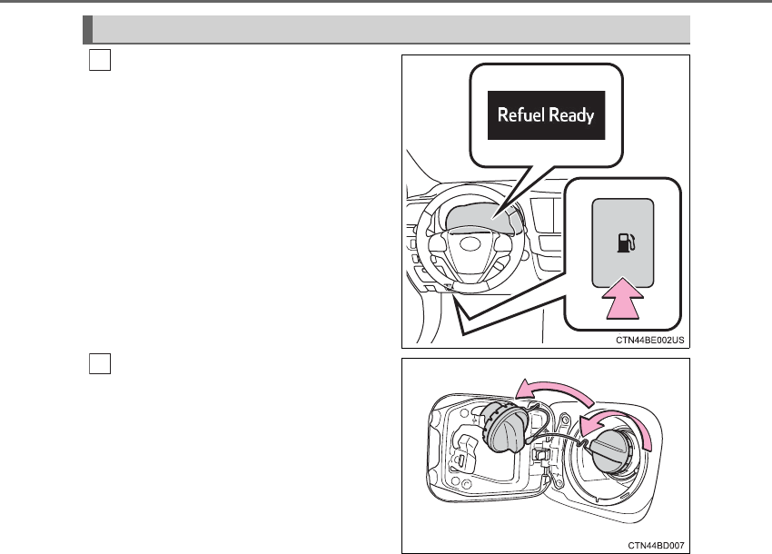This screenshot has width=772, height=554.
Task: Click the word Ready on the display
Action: point(570,115)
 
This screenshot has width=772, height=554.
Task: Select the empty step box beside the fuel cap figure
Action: point(100,362)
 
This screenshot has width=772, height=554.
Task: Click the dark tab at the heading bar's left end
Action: point(87,29)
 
